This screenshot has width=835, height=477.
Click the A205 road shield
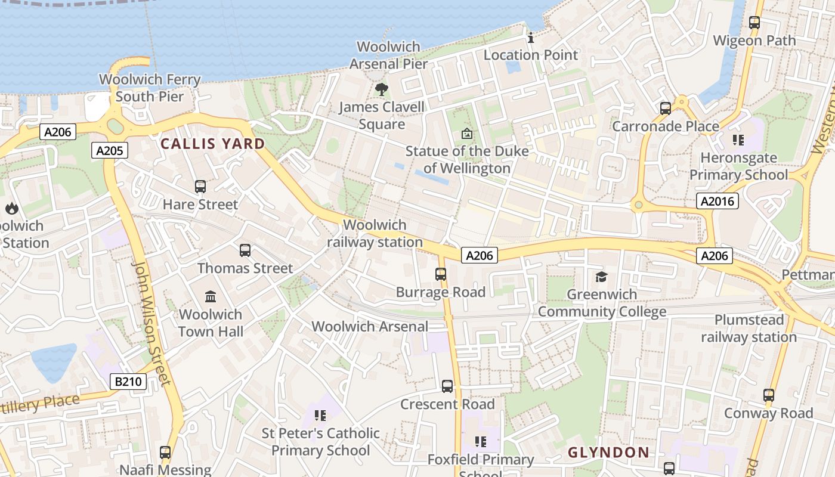coord(110,150)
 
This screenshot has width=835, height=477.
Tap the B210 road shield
coord(128,381)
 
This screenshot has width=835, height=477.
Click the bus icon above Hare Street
coord(200,187)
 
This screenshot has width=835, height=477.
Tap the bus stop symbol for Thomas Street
coord(245,250)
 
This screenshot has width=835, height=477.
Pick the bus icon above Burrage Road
coord(441,274)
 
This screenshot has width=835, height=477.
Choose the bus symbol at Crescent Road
coord(447,386)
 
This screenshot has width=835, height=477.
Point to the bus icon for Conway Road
coord(769,395)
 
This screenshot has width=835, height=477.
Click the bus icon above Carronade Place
coord(666,109)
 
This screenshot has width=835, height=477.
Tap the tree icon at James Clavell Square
coord(381,90)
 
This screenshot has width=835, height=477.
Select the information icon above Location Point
coord(531,38)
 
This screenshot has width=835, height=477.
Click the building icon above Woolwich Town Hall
coord(211,296)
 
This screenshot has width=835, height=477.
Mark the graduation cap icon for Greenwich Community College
coord(601,277)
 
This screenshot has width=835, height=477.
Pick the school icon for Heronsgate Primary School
coord(738,140)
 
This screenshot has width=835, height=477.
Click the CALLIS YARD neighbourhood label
coord(213,144)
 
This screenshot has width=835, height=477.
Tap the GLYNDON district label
coord(608,453)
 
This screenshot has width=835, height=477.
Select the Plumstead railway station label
coord(749,329)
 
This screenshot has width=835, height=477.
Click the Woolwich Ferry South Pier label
coord(150,88)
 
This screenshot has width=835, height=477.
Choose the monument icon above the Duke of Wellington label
coord(466,134)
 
